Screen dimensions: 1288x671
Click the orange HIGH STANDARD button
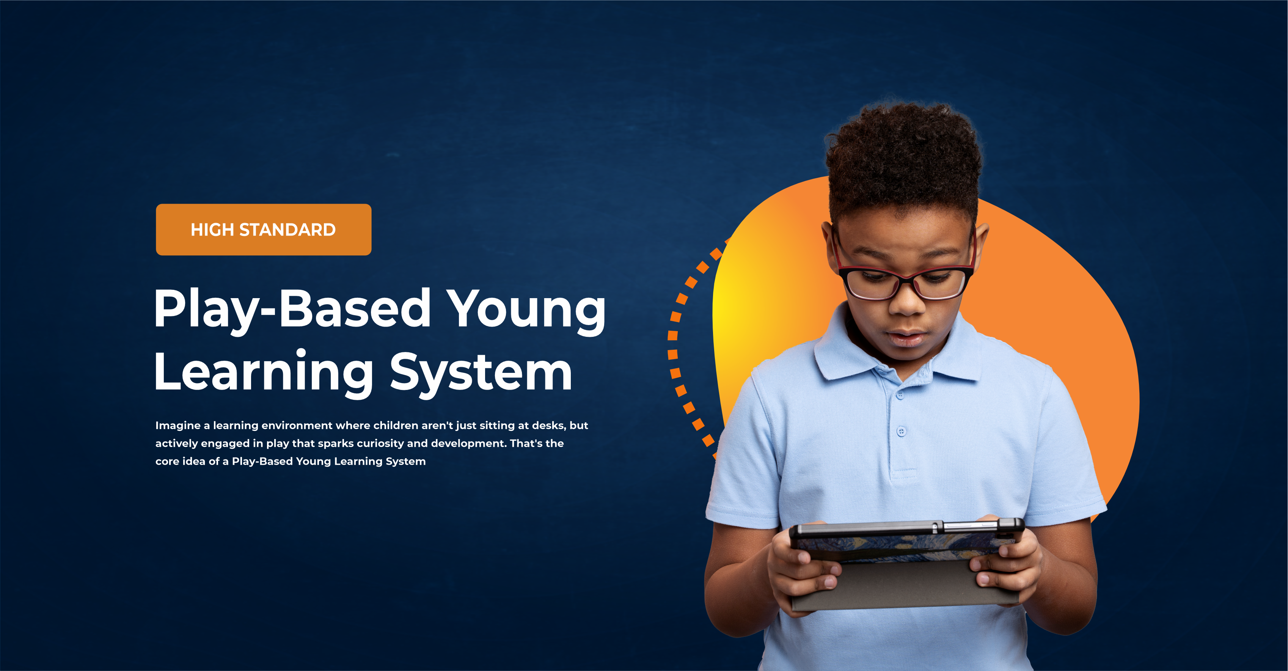pyautogui.click(x=264, y=229)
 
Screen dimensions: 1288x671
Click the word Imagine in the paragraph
pyautogui.click(x=177, y=426)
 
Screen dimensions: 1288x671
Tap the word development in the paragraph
pyautogui.click(x=468, y=443)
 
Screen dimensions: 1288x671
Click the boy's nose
pyautogui.click(x=908, y=300)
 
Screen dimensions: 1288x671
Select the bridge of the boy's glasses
pyautogui.click(x=906, y=278)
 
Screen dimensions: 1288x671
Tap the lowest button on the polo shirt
pyautogui.click(x=902, y=431)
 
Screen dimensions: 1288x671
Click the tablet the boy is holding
pyautogui.click(x=905, y=565)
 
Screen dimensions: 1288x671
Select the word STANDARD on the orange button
pyautogui.click(x=287, y=230)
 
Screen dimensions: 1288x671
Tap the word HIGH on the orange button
pyautogui.click(x=212, y=230)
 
